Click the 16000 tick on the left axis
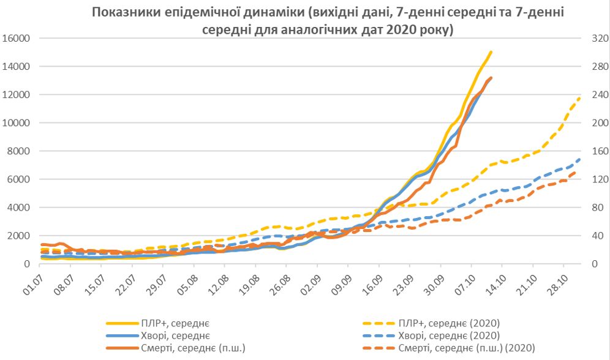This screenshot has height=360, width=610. click(x=17, y=39)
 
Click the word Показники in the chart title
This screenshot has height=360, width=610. click(x=126, y=12)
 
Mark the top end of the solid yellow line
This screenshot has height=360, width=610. click(x=491, y=52)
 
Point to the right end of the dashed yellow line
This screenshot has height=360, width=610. click(x=579, y=97)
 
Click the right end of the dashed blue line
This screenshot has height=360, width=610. click(x=579, y=159)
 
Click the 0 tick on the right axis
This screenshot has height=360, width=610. click(x=592, y=264)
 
